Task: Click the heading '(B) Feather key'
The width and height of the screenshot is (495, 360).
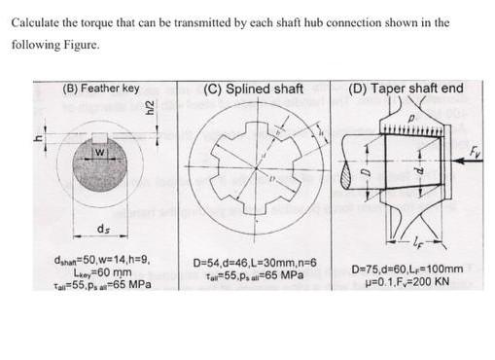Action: tap(101, 89)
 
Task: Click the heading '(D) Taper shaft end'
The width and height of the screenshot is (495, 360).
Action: tap(406, 90)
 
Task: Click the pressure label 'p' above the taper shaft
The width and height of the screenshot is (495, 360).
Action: tap(397, 114)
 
